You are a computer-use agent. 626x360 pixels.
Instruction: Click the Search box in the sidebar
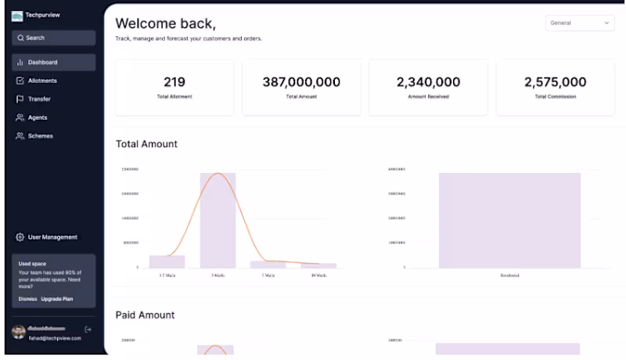pos(53,38)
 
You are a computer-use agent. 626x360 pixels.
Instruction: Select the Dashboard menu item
pos(42,62)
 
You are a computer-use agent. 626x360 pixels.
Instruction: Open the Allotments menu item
pos(42,81)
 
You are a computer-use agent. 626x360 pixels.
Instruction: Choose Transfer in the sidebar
pos(39,99)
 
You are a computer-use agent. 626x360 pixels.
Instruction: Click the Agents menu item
pos(38,117)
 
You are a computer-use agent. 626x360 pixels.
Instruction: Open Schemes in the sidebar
pos(40,136)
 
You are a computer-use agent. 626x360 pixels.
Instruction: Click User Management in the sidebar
pos(52,237)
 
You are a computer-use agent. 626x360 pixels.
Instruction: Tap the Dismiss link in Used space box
pos(27,299)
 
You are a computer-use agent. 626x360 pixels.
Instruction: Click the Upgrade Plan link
pos(57,299)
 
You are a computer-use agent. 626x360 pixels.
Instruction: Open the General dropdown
pos(580,23)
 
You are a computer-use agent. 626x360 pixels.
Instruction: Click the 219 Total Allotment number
pos(174,82)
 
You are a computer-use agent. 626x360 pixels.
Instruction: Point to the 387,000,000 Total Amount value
pos(301,82)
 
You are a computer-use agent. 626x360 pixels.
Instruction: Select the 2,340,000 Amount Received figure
pos(428,82)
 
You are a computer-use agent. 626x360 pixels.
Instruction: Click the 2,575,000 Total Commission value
pos(555,82)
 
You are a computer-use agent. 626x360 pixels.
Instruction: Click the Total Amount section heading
pos(146,144)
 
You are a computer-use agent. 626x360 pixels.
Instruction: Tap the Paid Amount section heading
pos(145,315)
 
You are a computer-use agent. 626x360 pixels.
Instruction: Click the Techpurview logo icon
pos(17,16)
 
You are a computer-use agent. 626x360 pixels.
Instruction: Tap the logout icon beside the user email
pos(88,329)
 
